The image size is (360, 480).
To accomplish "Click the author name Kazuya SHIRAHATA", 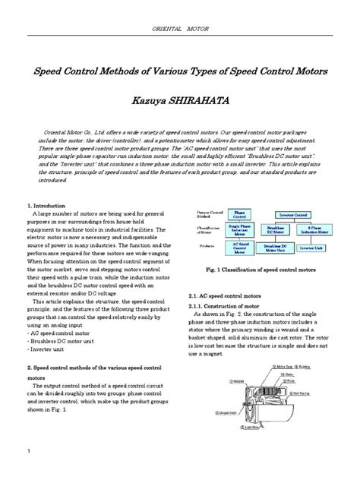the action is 180,99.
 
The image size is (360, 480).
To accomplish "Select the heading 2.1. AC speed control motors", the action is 229,295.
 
